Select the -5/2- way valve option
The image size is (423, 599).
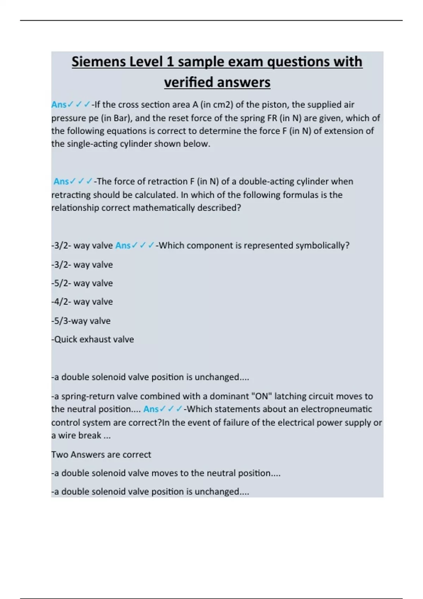pyautogui.click(x=82, y=283)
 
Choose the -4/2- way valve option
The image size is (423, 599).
pyautogui.click(x=82, y=302)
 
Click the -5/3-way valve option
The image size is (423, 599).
pyautogui.click(x=81, y=321)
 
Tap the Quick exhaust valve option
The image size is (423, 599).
pyautogui.click(x=93, y=339)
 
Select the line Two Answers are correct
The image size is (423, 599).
pyautogui.click(x=101, y=455)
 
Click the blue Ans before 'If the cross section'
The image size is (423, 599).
pyautogui.click(x=59, y=105)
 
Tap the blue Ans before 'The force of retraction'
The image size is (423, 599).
pyautogui.click(x=61, y=181)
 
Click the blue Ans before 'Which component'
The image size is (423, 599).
pyautogui.click(x=123, y=246)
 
